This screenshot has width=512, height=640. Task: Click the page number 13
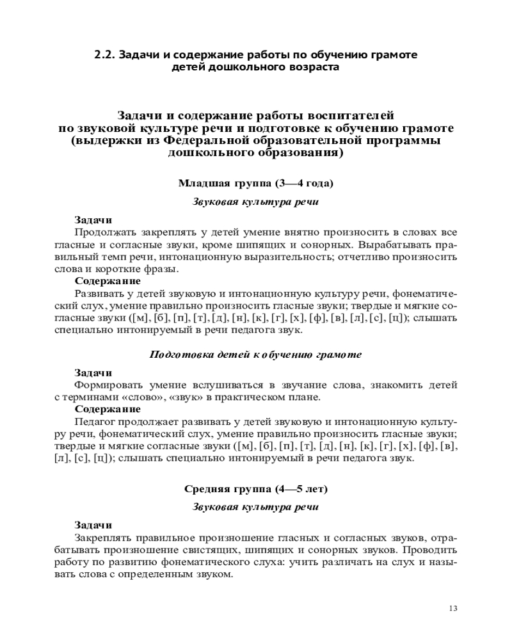point(453,608)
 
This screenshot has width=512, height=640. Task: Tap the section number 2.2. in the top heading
point(104,55)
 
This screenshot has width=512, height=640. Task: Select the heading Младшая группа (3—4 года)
point(255,184)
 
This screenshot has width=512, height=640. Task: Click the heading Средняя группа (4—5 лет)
point(255,489)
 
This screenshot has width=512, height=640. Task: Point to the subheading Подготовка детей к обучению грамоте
point(255,354)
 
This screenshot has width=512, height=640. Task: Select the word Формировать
point(108,385)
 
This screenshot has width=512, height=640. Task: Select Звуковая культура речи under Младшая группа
point(255,202)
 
